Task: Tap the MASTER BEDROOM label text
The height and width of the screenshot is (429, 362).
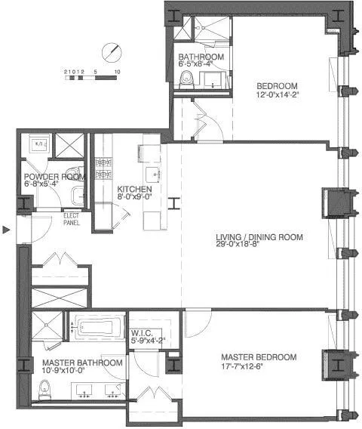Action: click(259, 357)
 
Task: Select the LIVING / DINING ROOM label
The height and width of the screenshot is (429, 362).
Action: click(259, 237)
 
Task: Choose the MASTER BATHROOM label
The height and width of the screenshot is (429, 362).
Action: click(78, 363)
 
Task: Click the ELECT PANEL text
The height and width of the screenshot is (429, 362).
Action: click(71, 220)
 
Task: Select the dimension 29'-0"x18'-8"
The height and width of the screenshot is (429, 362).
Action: click(259, 247)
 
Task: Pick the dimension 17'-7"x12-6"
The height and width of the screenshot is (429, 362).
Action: click(259, 367)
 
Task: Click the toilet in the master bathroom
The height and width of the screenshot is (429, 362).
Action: click(46, 390)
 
